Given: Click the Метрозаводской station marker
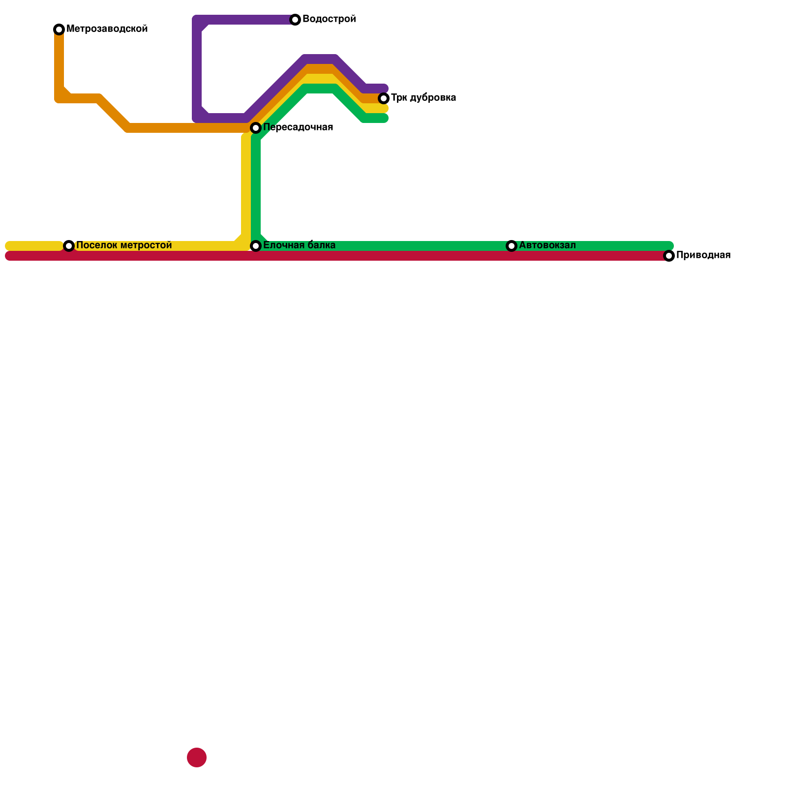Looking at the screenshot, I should click(59, 30).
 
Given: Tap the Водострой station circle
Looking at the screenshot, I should click(295, 20).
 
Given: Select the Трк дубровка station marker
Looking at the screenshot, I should click(384, 98).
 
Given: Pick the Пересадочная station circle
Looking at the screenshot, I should click(256, 128).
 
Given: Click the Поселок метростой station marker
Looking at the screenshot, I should click(69, 246).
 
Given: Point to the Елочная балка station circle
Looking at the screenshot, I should click(256, 246).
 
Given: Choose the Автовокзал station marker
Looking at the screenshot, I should click(512, 246).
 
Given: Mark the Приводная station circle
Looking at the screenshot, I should click(669, 256).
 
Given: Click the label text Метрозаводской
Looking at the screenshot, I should click(107, 29).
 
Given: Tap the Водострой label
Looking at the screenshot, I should click(329, 19).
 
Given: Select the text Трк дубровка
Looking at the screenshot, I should click(424, 98).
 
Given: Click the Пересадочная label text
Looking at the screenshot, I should click(298, 127).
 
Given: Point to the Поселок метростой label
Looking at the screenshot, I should click(124, 245).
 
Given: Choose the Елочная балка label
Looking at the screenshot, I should click(299, 245).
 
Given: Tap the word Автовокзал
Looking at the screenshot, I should click(547, 245).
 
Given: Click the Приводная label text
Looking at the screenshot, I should click(703, 255).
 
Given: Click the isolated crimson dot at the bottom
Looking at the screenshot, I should click(197, 757).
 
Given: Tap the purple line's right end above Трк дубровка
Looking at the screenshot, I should click(385, 89).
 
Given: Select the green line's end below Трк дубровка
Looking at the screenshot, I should click(385, 118).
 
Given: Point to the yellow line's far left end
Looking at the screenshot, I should click(8, 246).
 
